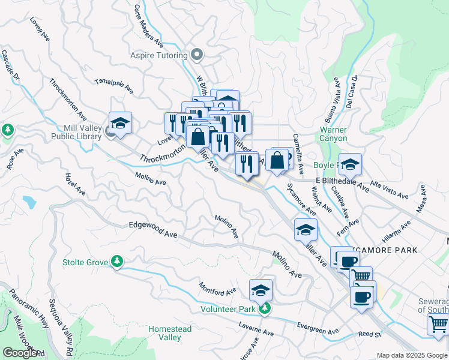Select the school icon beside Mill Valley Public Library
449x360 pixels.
point(120,123)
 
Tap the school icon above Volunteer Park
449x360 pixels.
point(261,290)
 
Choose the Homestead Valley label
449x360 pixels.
point(165,334)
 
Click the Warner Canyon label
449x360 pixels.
point(333,134)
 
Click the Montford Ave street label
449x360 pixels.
point(217,289)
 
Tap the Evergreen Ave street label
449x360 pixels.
point(318,328)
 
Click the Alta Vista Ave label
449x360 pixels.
point(389,188)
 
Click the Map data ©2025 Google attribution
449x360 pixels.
point(411,355)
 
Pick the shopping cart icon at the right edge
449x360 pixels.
point(438,325)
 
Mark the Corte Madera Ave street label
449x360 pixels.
point(149,27)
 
